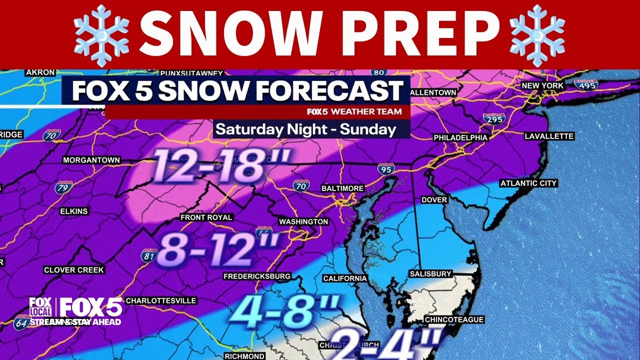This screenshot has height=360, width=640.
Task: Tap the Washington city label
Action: (x=303, y=221)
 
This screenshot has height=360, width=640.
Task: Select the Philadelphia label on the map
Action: (x=460, y=137)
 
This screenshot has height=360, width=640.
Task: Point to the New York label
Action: (x=542, y=85)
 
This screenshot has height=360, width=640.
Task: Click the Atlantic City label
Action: (x=528, y=183)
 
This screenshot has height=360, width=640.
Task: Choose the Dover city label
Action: (x=434, y=199)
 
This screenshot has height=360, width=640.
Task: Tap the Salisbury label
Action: (x=430, y=273)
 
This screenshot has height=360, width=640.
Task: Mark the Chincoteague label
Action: (x=454, y=319)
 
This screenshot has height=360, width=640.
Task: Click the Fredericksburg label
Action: (x=257, y=276)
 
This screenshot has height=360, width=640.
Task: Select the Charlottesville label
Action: (x=160, y=300)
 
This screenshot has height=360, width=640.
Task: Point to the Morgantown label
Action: (x=91, y=160)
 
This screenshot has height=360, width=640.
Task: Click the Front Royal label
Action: (x=206, y=217)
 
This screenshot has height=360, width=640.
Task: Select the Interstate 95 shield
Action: (x=385, y=168)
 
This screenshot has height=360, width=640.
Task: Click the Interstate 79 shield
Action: (x=62, y=188)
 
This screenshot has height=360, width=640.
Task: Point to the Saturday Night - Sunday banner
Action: (x=306, y=129)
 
